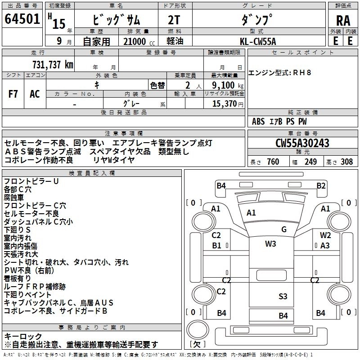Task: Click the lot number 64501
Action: [22, 20]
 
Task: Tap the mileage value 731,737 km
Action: [53, 64]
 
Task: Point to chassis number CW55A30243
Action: [302, 143]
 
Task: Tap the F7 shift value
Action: [13, 94]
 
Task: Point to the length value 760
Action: [273, 162]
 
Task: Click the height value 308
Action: [346, 162]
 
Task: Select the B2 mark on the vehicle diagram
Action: [321, 185]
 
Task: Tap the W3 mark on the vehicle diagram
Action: [270, 244]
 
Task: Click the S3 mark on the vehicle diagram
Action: [283, 296]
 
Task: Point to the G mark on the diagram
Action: [284, 229]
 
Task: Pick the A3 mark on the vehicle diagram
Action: [325, 245]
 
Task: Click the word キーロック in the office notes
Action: [23, 337]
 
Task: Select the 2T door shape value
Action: [174, 21]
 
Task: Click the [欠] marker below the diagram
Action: [197, 344]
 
